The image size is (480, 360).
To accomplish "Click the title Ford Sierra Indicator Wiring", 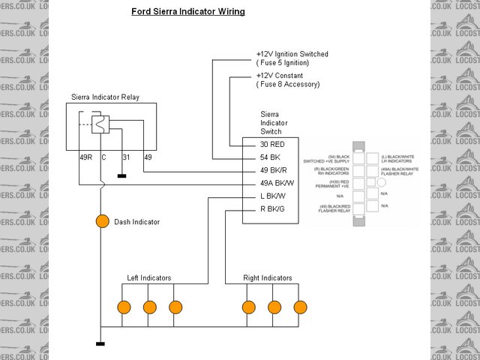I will (x=188, y=12).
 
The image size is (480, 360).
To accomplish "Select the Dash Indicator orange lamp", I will (x=102, y=221).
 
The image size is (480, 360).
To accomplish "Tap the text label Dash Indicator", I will (x=136, y=222).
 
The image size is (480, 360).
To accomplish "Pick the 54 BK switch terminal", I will (x=271, y=158).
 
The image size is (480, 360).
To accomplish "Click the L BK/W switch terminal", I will (x=274, y=197).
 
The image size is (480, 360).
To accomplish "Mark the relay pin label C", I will (x=103, y=157).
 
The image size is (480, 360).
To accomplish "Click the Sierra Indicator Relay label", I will (x=105, y=97).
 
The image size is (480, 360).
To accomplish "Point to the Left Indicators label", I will (x=148, y=278).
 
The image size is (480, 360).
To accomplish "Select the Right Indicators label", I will (x=268, y=278).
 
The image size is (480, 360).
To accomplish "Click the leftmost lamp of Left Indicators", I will (x=124, y=307).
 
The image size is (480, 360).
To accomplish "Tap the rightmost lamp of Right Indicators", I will (x=301, y=307).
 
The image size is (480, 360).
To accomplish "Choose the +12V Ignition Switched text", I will (x=292, y=55).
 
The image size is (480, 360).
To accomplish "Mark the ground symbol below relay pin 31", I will (x=121, y=177).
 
